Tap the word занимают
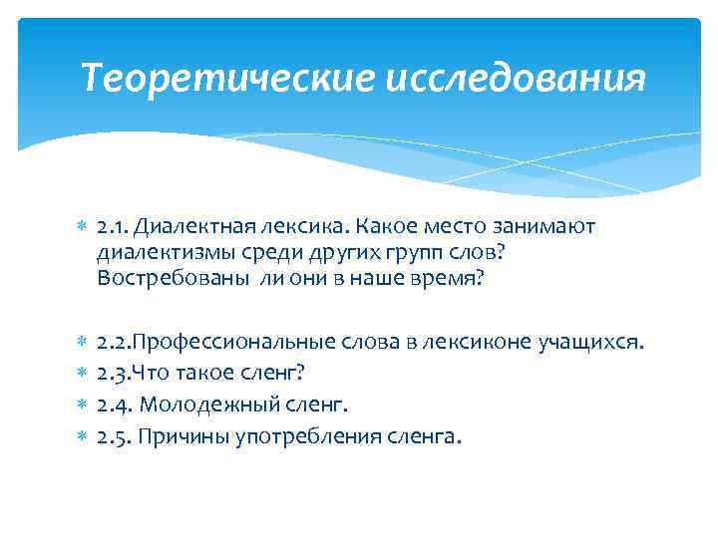coord(546,228)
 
